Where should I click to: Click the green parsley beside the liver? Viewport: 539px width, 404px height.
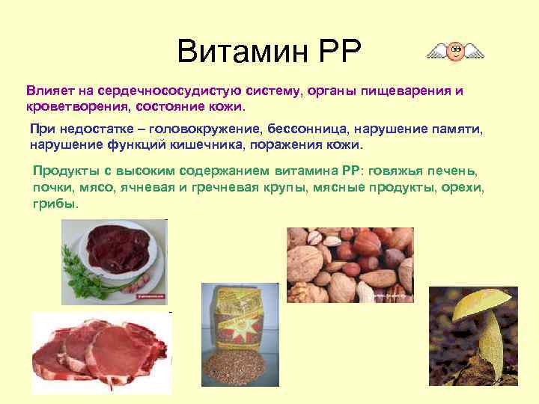pos(82,274)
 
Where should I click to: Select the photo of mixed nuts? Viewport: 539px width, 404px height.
pos(350,265)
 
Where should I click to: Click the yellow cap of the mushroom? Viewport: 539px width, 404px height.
pos(479,304)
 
